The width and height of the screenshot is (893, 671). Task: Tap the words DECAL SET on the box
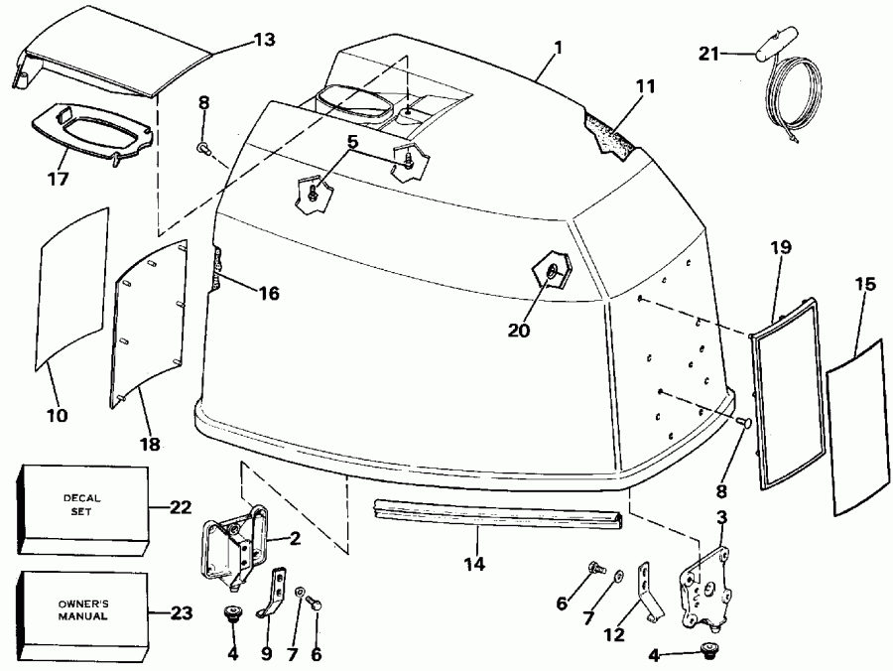tap(83, 506)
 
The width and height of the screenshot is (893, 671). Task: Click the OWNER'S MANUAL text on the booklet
tap(82, 609)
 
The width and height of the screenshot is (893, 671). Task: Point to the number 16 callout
tap(268, 294)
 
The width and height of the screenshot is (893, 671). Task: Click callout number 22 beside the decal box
tap(180, 507)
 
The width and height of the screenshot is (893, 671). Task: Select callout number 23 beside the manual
tap(180, 612)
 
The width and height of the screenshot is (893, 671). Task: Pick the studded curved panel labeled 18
tap(149, 323)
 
